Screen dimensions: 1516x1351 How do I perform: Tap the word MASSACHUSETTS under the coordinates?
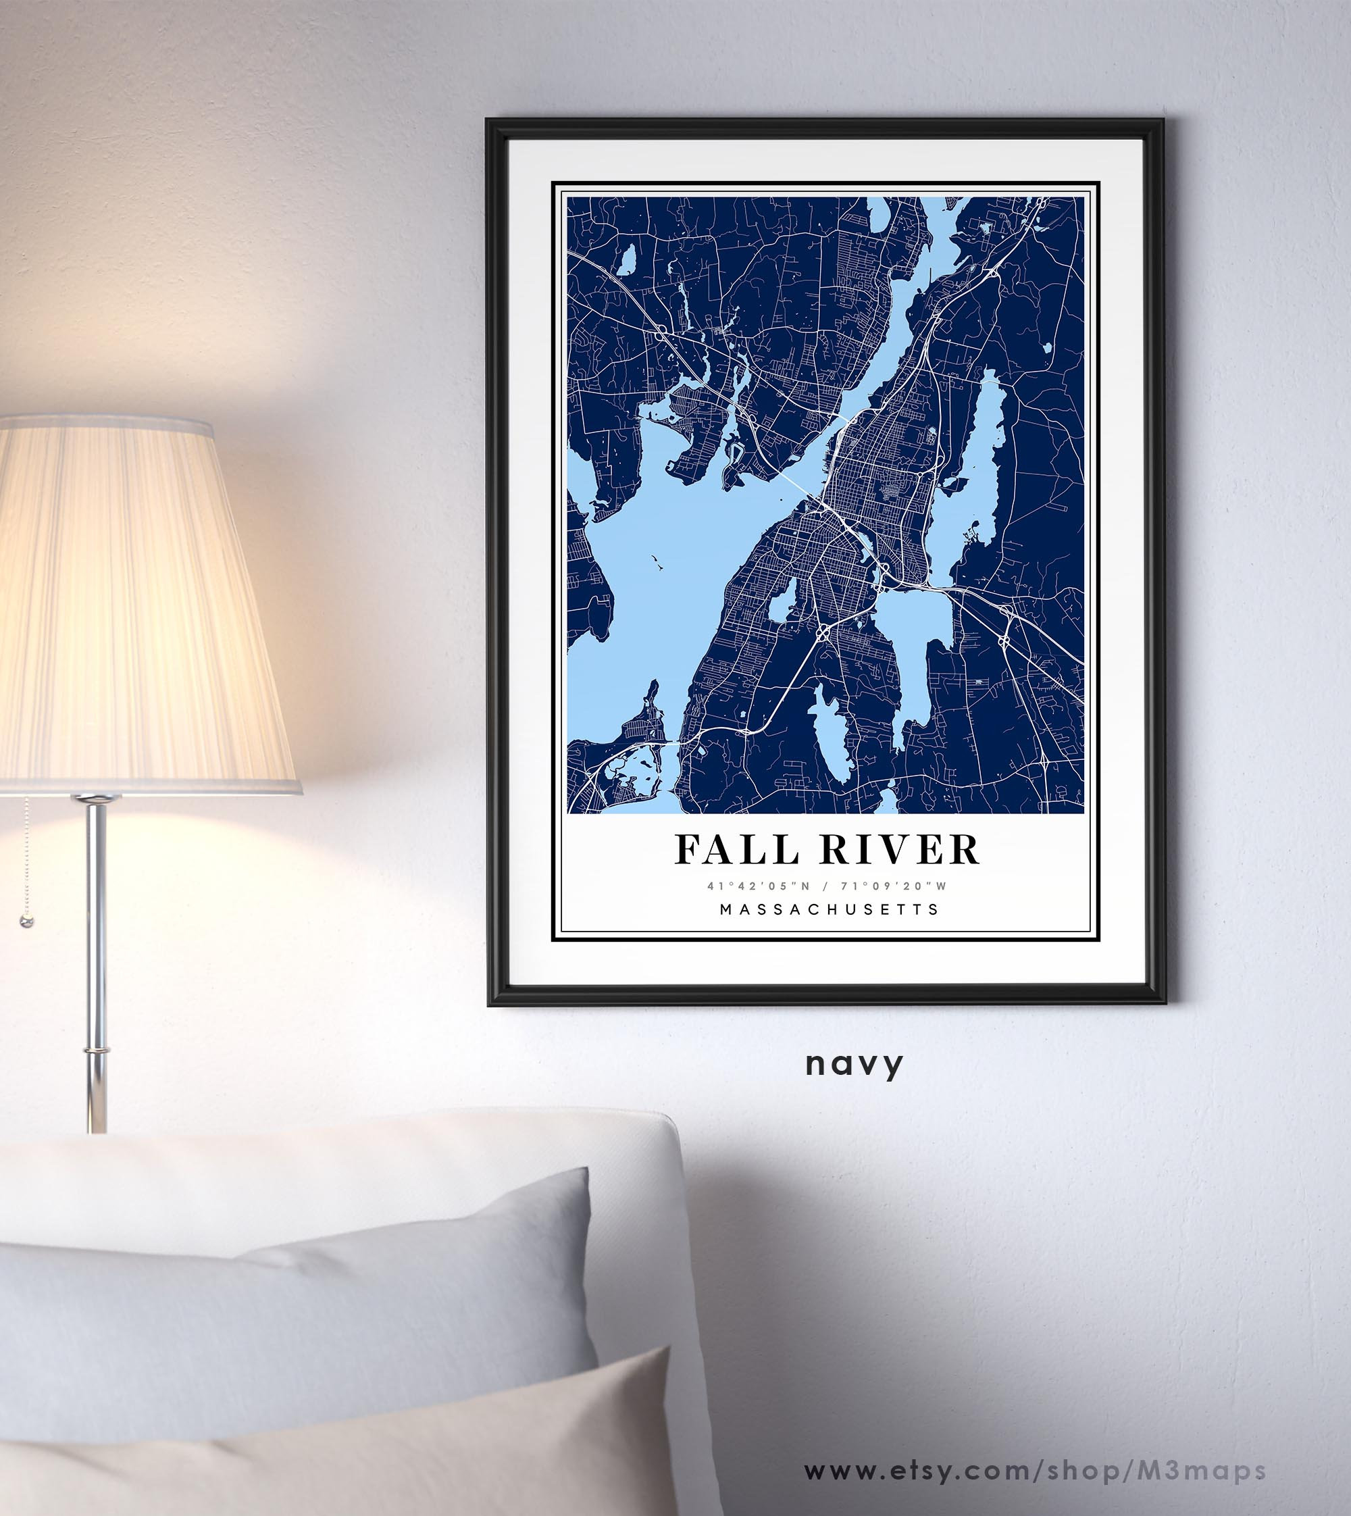[x=829, y=909]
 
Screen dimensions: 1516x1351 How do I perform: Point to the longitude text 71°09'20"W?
[x=899, y=886]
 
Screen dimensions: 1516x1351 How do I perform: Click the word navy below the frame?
[x=855, y=1064]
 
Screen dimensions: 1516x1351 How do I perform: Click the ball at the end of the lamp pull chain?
[x=27, y=922]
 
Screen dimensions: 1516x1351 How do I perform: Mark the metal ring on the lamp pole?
[x=95, y=1051]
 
